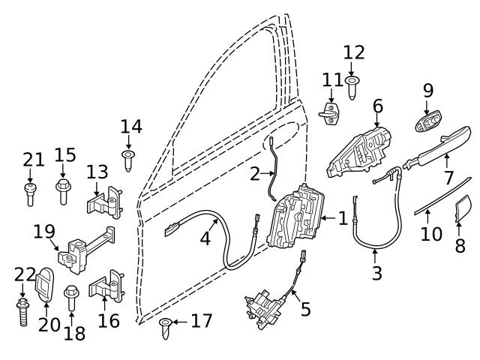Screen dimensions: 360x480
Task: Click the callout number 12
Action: [354, 53]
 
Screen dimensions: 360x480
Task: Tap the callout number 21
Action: [34, 159]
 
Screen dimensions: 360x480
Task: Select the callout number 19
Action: [45, 230]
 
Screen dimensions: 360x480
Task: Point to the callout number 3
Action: [376, 272]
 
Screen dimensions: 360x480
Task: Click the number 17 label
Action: [201, 322]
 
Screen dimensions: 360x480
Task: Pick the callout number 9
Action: [428, 91]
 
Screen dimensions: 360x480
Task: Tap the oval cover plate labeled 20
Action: [46, 285]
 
